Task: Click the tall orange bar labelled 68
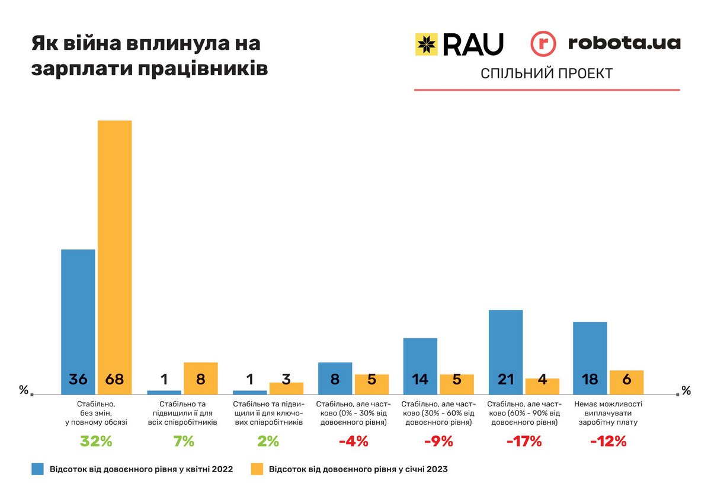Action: [x=114, y=255]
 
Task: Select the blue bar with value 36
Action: [x=78, y=320]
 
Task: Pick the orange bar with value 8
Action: [x=201, y=377]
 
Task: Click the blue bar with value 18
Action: [x=590, y=355]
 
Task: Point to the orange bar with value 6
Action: [x=626, y=382]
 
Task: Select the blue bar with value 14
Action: [x=420, y=364]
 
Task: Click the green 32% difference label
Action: [x=96, y=441]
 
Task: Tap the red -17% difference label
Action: [x=523, y=441]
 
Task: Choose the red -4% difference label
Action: [x=353, y=441]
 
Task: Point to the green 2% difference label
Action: [x=267, y=441]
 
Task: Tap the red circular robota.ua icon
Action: [x=543, y=44]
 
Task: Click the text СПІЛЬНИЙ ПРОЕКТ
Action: [x=546, y=73]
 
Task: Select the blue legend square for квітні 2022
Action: [x=39, y=469]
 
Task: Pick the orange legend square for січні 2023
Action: [x=257, y=469]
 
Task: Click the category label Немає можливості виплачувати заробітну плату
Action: [x=608, y=414]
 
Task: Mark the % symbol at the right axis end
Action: [x=686, y=391]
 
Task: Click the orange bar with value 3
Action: [x=286, y=388]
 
